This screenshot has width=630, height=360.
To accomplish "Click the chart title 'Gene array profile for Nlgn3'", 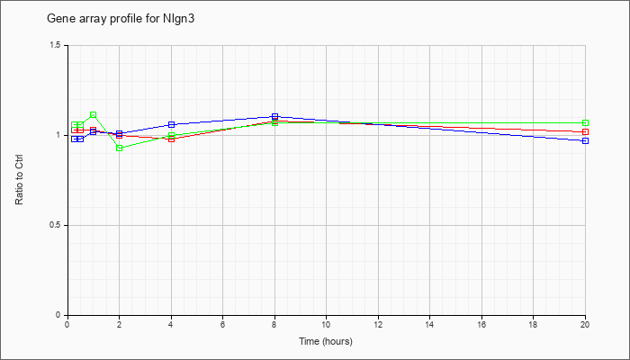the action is [121, 19].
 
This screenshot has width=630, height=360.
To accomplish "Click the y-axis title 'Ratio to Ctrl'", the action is [19, 180].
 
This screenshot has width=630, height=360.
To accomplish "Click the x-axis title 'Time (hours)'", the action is [326, 341].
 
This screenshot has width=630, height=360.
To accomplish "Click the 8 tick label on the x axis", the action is [274, 324].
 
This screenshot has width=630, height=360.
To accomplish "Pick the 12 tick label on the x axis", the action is [378, 324].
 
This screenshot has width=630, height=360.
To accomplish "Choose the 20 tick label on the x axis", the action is [585, 324].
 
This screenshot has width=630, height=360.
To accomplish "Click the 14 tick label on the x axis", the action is [430, 324].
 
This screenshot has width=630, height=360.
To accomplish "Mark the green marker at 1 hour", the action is [94, 115].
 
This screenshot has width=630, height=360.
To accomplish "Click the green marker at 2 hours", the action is [120, 148].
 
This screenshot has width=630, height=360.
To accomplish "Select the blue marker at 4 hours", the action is [172, 124].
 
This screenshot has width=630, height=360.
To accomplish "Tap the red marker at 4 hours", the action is [172, 139].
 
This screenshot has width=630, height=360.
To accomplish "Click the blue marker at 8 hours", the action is [274, 116].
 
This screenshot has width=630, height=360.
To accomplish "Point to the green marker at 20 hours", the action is [585, 123].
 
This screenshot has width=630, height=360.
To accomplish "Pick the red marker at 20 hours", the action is [585, 131].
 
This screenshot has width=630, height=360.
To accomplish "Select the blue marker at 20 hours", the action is [585, 140].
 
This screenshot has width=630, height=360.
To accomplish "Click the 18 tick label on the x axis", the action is [533, 324].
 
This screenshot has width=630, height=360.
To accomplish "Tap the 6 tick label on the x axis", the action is [223, 324].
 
